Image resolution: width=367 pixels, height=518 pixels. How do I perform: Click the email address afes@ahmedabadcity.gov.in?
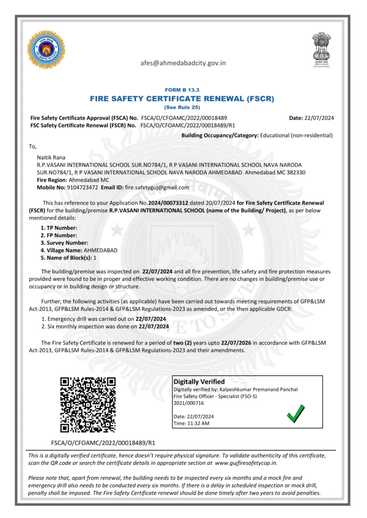[183, 63]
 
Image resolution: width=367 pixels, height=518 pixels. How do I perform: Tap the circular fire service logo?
[46, 50]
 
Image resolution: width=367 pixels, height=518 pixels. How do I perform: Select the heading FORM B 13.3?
[182, 90]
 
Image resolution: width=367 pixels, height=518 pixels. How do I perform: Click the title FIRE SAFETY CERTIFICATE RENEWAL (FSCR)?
[182, 99]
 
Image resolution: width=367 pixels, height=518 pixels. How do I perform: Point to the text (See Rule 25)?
[182, 108]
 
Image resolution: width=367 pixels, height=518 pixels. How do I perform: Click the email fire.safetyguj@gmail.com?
[157, 187]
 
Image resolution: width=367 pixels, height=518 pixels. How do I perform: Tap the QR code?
[88, 405]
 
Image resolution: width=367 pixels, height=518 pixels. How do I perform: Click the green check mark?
[296, 413]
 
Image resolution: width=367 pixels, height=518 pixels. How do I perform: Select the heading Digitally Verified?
[199, 381]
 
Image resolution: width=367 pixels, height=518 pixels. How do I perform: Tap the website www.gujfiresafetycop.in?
[246, 462]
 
